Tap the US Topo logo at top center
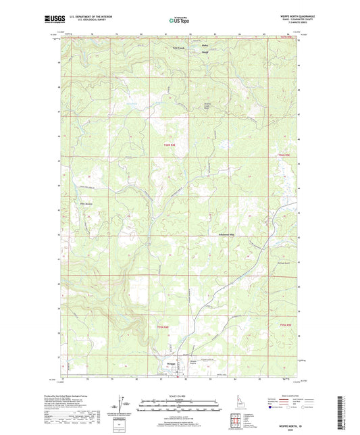pyautogui.click(x=176, y=21)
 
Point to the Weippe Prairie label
pyautogui.click(x=194, y=362)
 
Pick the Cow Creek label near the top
pyautogui.click(x=177, y=48)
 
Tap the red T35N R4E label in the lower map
pyautogui.click(x=174, y=328)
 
